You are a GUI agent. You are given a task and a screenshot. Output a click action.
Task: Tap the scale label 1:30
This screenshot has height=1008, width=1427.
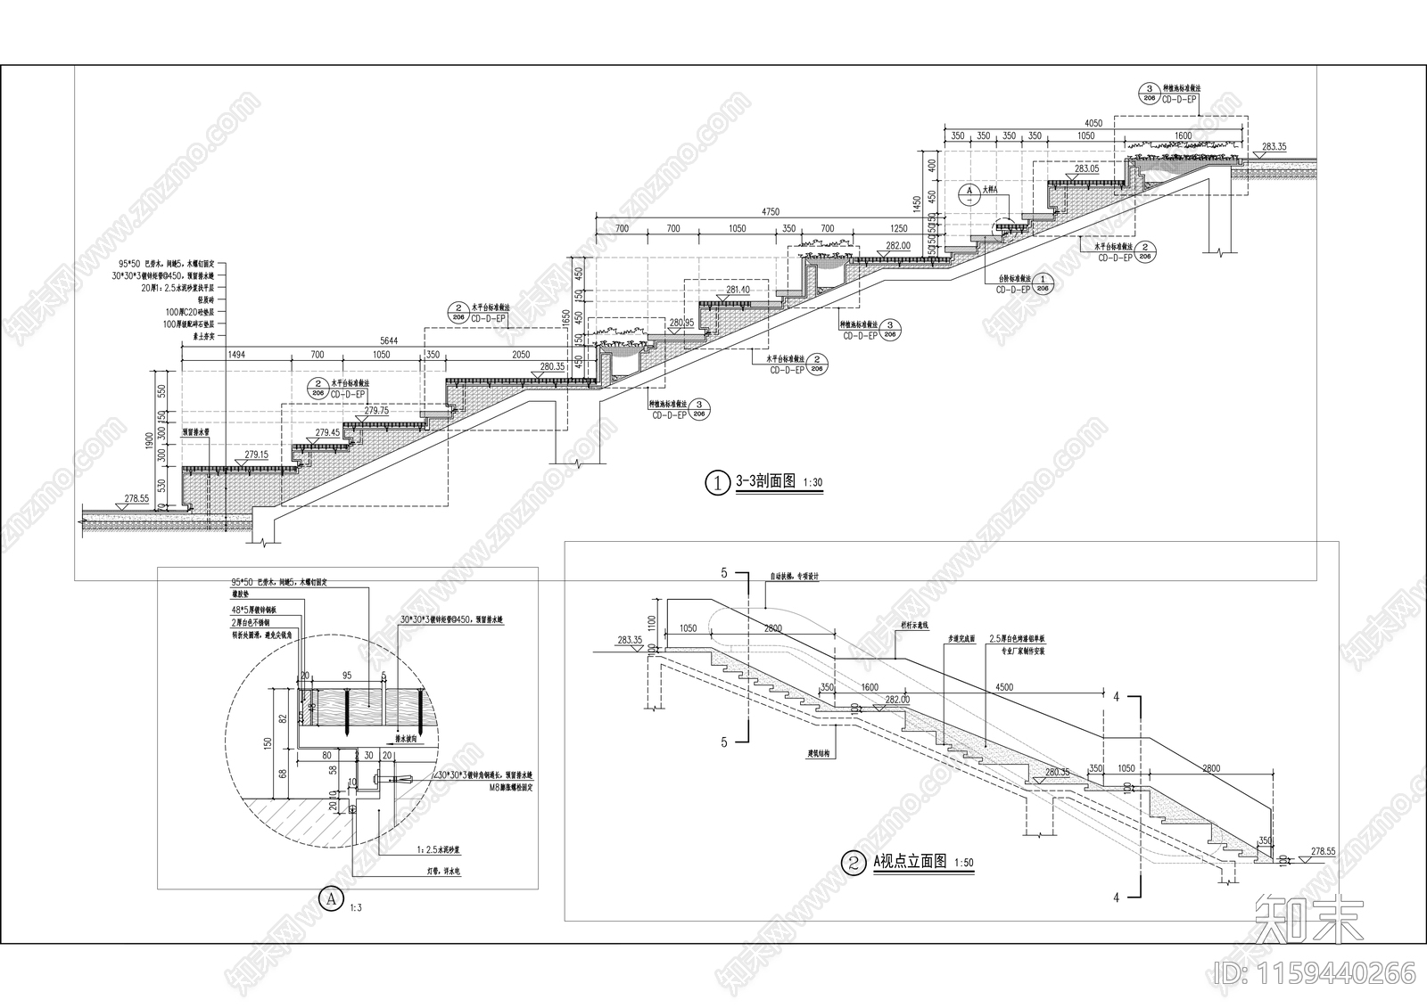(812, 483)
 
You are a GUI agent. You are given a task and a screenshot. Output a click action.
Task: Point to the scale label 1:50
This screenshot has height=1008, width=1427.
(964, 864)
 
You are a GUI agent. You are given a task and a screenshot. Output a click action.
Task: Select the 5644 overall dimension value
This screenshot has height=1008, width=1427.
(389, 340)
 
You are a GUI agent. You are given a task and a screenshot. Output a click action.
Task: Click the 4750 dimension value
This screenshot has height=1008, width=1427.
(771, 212)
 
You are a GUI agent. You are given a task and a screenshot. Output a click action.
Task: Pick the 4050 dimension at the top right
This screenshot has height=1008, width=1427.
(1093, 123)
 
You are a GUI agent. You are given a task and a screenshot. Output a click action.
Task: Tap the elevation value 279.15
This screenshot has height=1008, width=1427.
(257, 455)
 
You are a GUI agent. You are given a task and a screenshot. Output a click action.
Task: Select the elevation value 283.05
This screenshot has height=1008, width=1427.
(1086, 168)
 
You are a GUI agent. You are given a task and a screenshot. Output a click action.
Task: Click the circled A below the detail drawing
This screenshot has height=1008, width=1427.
(332, 897)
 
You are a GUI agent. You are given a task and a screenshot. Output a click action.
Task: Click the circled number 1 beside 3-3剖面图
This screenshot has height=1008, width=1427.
(717, 483)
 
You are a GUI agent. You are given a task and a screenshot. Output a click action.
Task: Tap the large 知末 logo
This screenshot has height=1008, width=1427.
(1309, 918)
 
